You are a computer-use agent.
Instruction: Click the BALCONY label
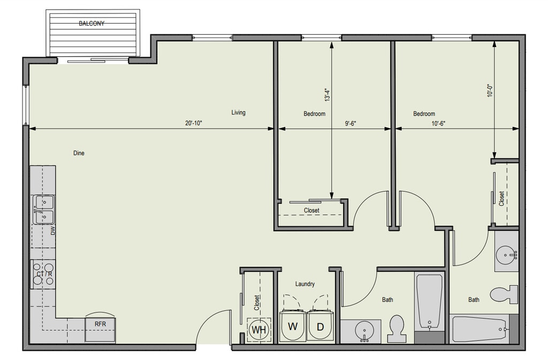(92, 24)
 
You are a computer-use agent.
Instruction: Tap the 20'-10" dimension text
(194, 123)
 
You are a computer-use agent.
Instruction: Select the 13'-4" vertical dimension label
(327, 95)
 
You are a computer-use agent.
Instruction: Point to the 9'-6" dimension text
(351, 123)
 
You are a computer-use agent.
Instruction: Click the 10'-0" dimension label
(490, 90)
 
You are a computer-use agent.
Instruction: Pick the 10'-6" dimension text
(438, 123)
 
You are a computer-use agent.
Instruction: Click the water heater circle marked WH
(259, 330)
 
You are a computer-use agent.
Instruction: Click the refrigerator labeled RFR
(100, 330)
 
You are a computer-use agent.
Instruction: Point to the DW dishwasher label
(53, 231)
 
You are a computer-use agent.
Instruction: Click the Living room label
(238, 112)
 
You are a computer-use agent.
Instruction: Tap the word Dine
(79, 153)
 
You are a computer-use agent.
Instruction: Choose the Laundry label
(305, 284)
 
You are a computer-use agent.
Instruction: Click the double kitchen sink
(44, 210)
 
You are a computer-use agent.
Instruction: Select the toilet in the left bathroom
(397, 328)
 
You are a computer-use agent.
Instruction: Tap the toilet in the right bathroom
(504, 294)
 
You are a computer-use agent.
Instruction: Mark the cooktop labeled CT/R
(43, 274)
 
